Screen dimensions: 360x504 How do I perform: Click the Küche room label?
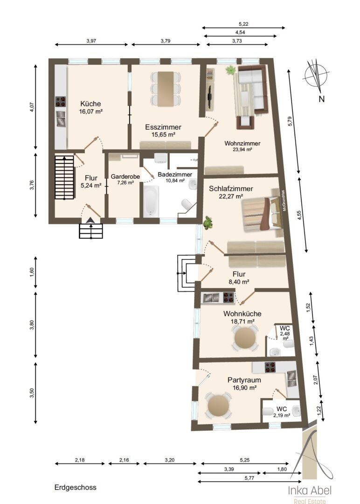(90, 104)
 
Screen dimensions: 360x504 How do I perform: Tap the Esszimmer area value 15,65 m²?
(163, 135)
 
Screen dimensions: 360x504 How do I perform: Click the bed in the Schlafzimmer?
(262, 214)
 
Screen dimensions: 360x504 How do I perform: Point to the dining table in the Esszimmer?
(166, 89)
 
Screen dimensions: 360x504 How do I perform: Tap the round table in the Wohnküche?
(245, 338)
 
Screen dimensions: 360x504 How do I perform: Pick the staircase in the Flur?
(64, 177)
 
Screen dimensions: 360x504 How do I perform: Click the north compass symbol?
(316, 76)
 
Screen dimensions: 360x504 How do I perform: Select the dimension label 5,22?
(243, 24)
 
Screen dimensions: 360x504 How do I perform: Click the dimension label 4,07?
(31, 107)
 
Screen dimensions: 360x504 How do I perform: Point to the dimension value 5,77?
(249, 478)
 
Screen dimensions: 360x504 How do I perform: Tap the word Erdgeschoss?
(76, 487)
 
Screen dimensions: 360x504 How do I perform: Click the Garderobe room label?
(125, 176)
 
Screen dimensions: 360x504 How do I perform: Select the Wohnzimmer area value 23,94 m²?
(242, 149)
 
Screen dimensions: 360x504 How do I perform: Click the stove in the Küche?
(60, 102)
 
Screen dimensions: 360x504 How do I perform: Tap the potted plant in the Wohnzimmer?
(230, 70)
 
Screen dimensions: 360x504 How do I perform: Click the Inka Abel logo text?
(310, 490)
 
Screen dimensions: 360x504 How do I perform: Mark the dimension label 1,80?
(282, 469)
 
